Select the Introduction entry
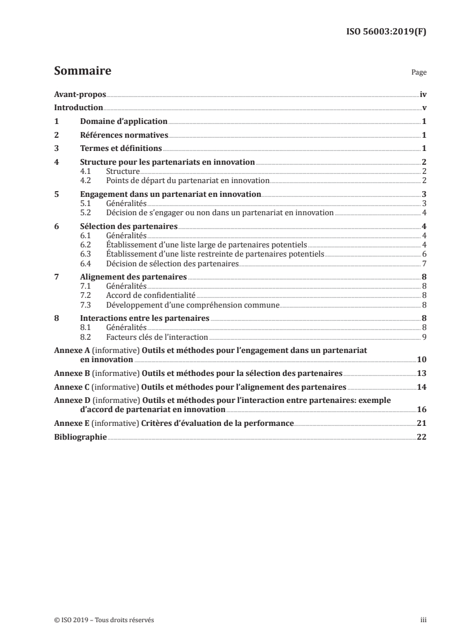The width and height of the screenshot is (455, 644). (x=78, y=107)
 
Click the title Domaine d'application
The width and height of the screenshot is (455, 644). (x=123, y=122)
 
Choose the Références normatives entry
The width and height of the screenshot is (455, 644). (x=124, y=135)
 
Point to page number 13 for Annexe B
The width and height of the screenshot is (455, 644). (x=421, y=373)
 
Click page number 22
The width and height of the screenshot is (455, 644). (x=421, y=437)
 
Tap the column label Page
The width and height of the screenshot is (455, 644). (x=419, y=73)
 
